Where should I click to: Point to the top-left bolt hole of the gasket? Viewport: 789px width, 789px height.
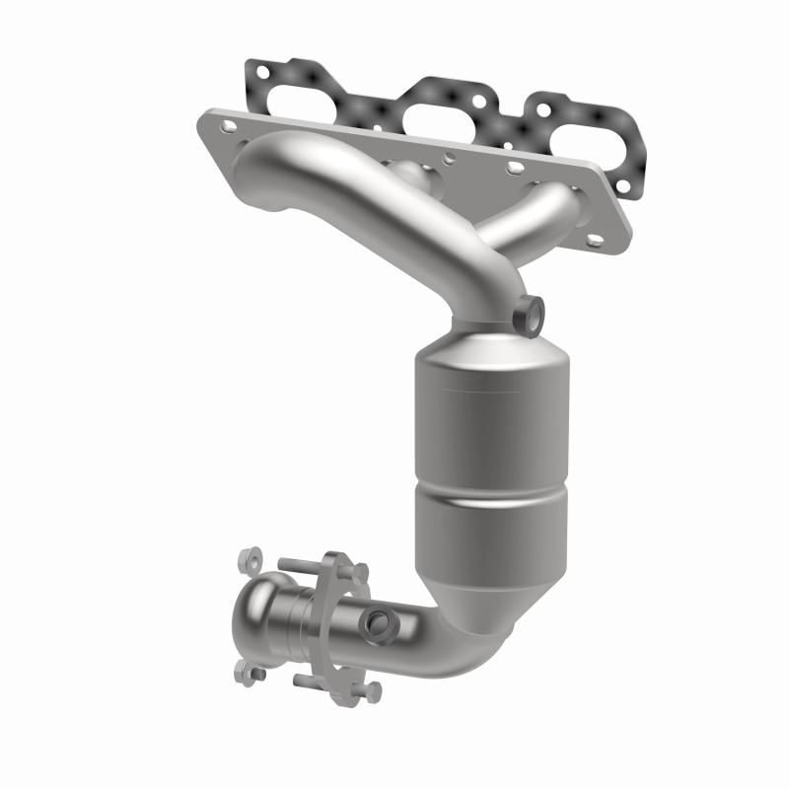tap(261, 70)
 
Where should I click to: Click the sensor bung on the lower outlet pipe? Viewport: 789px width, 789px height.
tap(377, 622)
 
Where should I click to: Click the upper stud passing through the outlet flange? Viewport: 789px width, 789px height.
tap(306, 567)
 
